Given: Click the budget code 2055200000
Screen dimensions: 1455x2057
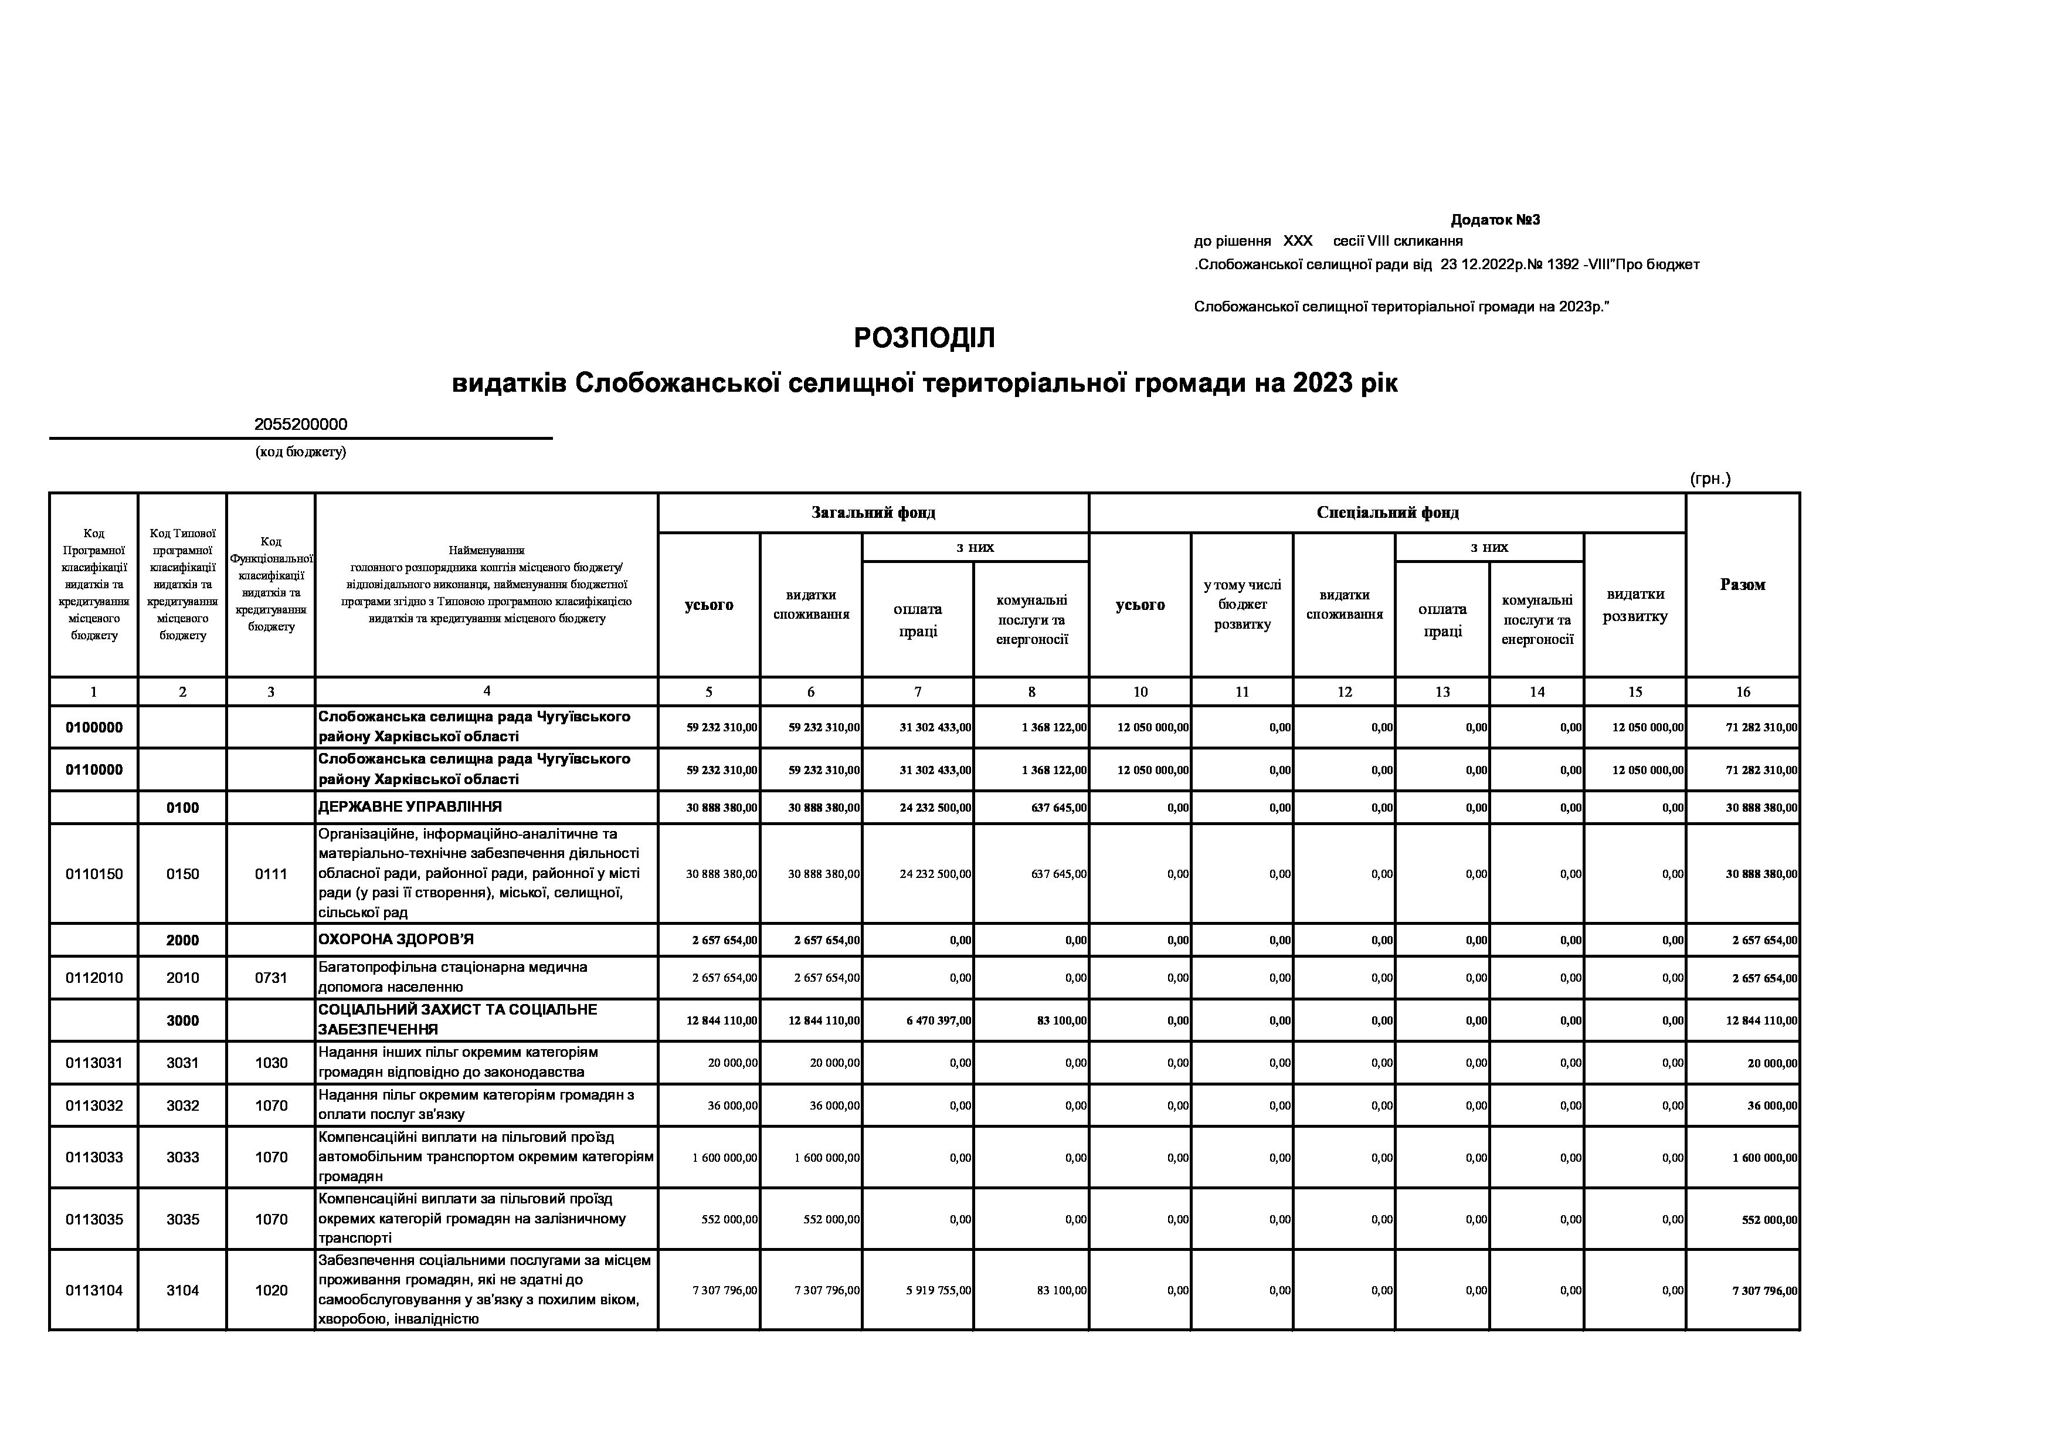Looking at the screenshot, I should coord(300,425).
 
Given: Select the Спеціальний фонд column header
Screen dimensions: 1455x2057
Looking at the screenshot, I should coord(1387,513).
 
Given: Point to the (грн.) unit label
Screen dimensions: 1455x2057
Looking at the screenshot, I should coord(1709,479).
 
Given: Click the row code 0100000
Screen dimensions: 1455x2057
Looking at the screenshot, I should coord(94,727).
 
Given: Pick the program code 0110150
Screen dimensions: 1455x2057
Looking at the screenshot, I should coord(94,874).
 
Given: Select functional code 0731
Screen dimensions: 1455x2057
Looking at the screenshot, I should coord(270,978).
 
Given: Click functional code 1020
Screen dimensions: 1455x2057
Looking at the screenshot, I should coord(270,1290).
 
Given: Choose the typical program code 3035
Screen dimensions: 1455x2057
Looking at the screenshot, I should coord(183,1219).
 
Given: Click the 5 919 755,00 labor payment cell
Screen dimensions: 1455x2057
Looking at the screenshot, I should coord(935,1291).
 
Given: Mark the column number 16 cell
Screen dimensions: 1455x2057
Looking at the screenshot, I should coord(1743,691).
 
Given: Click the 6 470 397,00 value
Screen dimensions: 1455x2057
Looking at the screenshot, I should coord(935,1020).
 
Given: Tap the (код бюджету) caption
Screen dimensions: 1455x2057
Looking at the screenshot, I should coord(300,452).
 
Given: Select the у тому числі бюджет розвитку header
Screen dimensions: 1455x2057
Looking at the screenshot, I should coord(1242,605).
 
